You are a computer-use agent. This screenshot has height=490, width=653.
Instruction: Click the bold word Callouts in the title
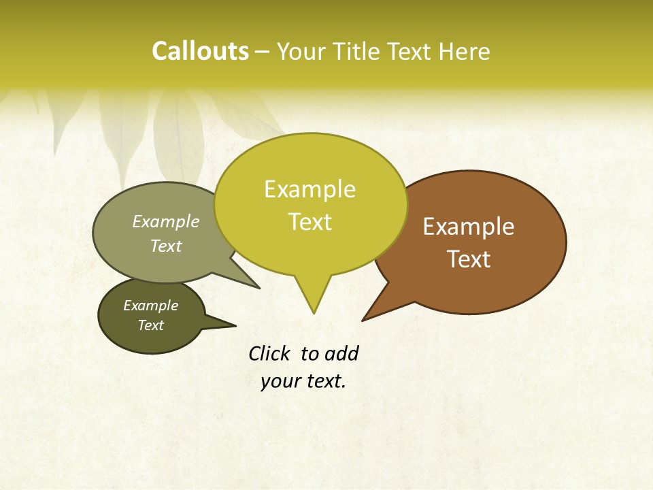200,51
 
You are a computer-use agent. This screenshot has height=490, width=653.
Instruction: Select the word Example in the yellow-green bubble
309,189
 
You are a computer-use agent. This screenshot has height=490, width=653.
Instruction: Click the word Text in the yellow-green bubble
309,222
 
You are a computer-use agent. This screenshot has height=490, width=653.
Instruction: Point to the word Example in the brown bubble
469,227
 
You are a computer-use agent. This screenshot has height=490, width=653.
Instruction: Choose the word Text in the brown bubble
469,259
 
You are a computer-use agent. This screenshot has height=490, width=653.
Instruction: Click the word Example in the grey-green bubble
165,222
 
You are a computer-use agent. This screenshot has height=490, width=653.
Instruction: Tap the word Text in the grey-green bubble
165,246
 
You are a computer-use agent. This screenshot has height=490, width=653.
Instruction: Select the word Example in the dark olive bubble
150,306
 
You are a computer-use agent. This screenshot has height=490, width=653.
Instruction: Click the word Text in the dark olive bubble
150,325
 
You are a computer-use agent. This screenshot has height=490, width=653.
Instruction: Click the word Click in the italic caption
270,354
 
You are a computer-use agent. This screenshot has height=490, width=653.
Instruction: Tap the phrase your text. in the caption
303,381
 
